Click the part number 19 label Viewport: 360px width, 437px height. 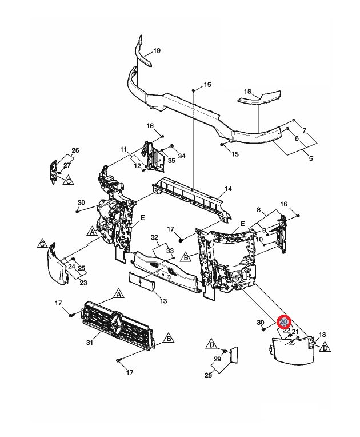point(157,51)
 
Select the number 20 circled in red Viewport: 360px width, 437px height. point(283,323)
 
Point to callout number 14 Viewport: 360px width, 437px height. point(228,189)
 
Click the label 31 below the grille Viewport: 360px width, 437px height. point(89,342)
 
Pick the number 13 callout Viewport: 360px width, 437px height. point(163,301)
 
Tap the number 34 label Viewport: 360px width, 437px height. point(182,156)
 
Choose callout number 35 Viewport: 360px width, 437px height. point(171,161)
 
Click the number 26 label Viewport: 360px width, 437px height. point(75,150)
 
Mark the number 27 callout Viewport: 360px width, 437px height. point(67,165)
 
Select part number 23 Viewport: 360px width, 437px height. point(83,283)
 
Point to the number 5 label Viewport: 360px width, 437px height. point(311,158)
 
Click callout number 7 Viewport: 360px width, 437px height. point(305,130)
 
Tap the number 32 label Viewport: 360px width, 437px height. point(154,237)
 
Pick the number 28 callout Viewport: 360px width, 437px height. point(208,375)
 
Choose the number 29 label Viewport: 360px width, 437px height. point(218,360)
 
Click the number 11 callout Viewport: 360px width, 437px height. point(123,150)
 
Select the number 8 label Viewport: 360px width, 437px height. point(259,210)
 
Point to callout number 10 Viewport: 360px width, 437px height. point(259,240)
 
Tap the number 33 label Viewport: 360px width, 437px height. point(170,251)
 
